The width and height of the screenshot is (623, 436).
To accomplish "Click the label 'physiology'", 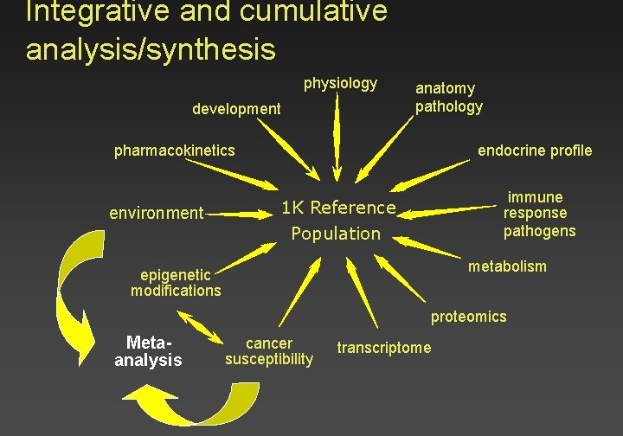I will click(340, 83).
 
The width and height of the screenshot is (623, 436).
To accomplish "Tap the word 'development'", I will click(236, 109).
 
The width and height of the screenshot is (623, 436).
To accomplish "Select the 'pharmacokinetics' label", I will click(174, 151).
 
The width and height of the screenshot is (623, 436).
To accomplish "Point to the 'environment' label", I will click(156, 213).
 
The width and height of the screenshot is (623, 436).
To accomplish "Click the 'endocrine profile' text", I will click(535, 151).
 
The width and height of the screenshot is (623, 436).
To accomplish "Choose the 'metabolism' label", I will click(507, 266).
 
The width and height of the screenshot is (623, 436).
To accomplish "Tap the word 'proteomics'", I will click(468, 317).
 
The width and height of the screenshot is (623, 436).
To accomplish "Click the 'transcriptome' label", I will click(383, 348).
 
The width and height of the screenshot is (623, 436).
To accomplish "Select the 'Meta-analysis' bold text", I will click(148, 351).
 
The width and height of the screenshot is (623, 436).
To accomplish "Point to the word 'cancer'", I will click(269, 343).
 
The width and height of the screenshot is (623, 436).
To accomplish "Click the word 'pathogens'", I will click(539, 231).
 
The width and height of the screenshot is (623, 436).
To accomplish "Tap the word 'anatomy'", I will click(445, 88).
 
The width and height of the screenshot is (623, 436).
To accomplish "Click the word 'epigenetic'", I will click(175, 276).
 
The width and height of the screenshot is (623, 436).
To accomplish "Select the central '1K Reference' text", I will click(338, 208).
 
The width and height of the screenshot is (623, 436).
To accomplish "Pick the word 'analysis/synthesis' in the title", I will click(151, 49).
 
